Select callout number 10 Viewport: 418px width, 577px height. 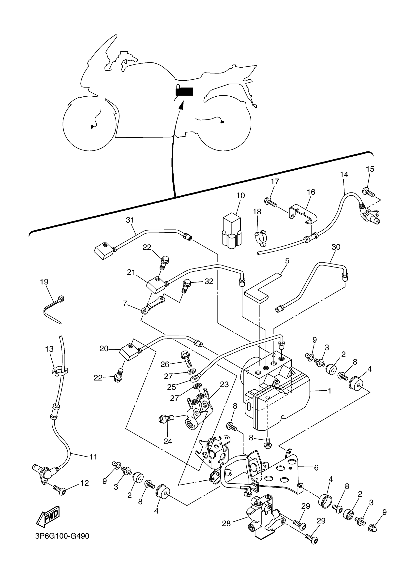(240, 196)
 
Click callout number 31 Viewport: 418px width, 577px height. (130, 220)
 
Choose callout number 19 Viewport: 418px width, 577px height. (44, 282)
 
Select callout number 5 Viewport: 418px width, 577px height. (287, 261)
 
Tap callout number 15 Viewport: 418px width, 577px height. (370, 169)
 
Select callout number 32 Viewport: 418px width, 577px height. (209, 281)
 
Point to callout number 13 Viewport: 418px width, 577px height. (49, 349)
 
